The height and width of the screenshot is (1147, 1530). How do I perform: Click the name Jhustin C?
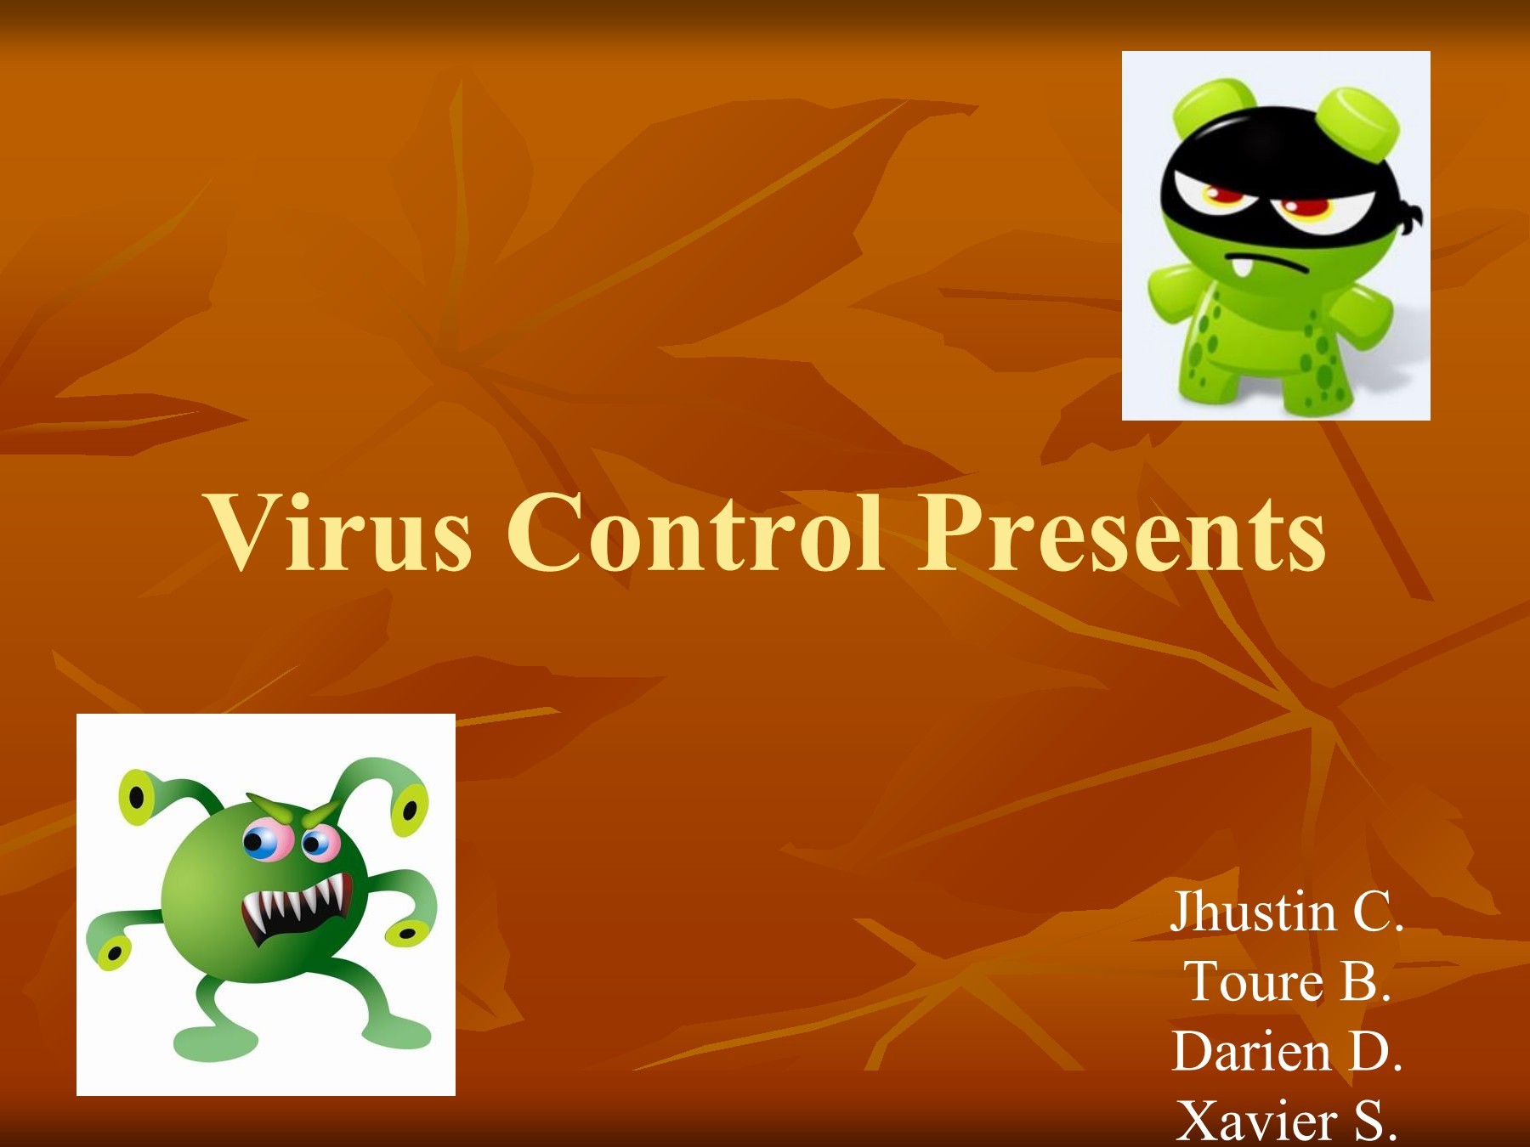(1286, 913)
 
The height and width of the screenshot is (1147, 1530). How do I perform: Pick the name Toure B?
(1286, 983)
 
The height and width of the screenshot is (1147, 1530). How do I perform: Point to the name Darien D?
(1286, 1053)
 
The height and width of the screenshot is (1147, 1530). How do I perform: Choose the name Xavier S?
(1286, 1121)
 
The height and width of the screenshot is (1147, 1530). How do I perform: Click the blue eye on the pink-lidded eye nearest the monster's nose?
(315, 844)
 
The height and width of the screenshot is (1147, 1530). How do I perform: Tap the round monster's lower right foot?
(399, 1033)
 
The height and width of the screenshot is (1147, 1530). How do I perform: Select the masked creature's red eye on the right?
(1305, 208)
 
